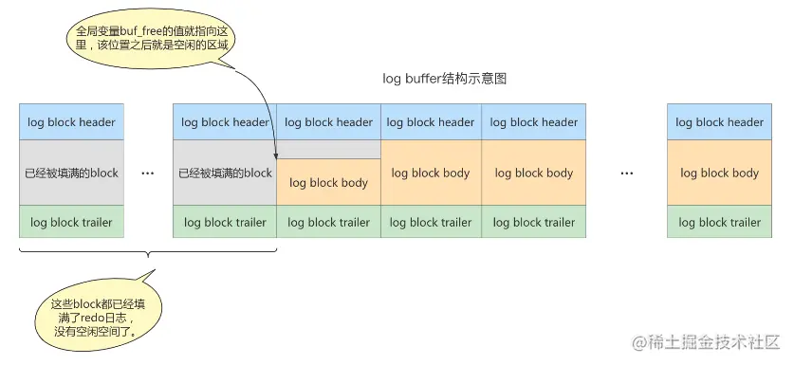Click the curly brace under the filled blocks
tap(147, 254)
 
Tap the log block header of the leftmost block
tap(72, 122)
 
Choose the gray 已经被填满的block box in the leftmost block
tap(72, 173)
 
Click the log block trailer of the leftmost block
tap(72, 222)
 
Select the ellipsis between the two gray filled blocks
tap(147, 173)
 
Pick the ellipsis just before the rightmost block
tap(626, 173)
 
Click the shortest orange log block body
tap(328, 183)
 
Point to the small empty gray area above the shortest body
tap(328, 150)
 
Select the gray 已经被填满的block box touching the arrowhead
tap(225, 173)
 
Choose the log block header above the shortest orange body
tap(328, 122)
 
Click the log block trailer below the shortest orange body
tap(328, 222)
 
